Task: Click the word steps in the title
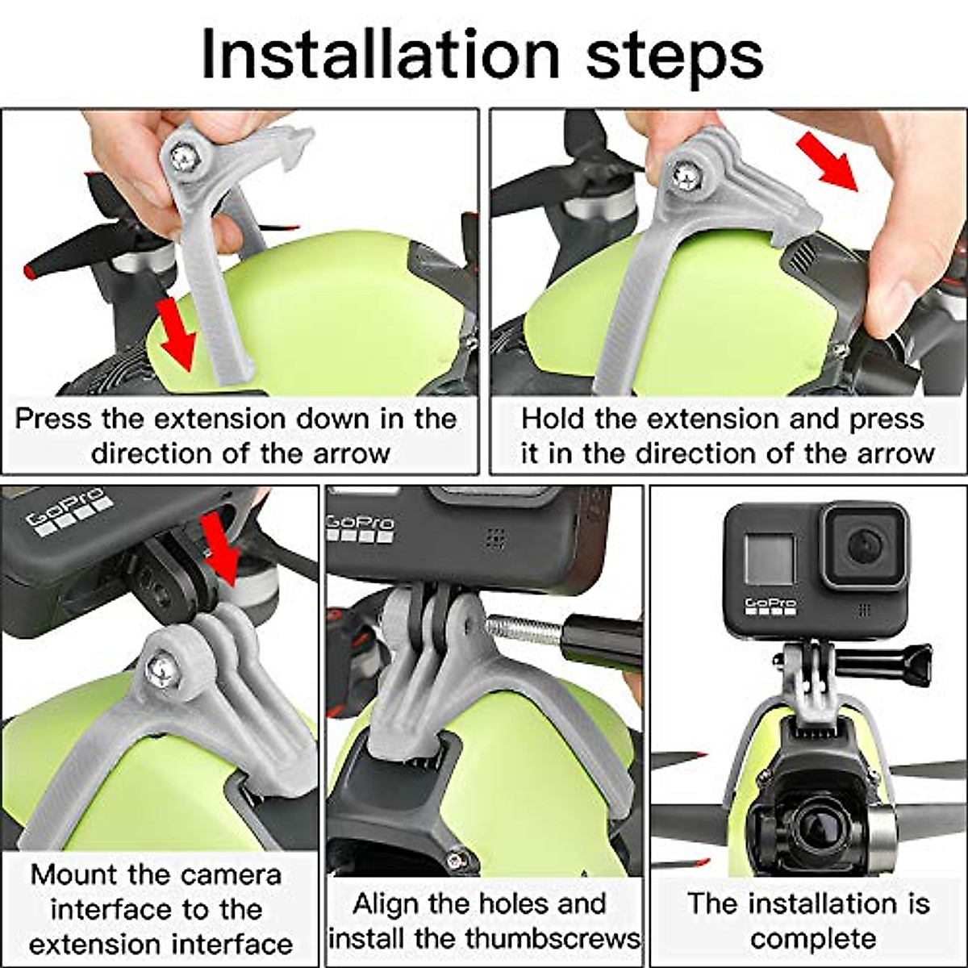click(674, 59)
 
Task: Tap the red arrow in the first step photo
click(176, 333)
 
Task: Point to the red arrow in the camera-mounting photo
click(219, 549)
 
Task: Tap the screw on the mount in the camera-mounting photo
click(162, 670)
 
